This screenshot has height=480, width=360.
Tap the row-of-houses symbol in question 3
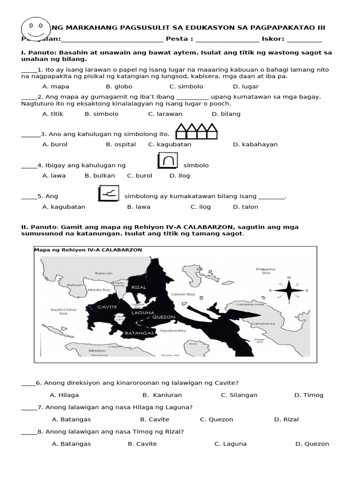[x=196, y=132]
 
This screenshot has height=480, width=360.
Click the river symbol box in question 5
[x=109, y=194]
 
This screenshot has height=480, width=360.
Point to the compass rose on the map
[x=289, y=290]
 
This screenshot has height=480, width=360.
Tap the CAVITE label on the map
[x=107, y=307]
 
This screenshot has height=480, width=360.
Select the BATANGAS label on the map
[x=140, y=333]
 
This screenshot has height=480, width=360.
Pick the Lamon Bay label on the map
[x=183, y=294]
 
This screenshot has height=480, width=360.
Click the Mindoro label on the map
[x=97, y=350]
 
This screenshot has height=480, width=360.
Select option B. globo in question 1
[x=119, y=87]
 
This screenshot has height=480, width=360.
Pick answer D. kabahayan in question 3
[x=255, y=144]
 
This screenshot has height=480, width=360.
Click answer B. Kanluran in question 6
[x=162, y=395]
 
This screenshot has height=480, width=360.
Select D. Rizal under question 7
[x=286, y=420]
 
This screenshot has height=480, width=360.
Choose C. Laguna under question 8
[x=231, y=444]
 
